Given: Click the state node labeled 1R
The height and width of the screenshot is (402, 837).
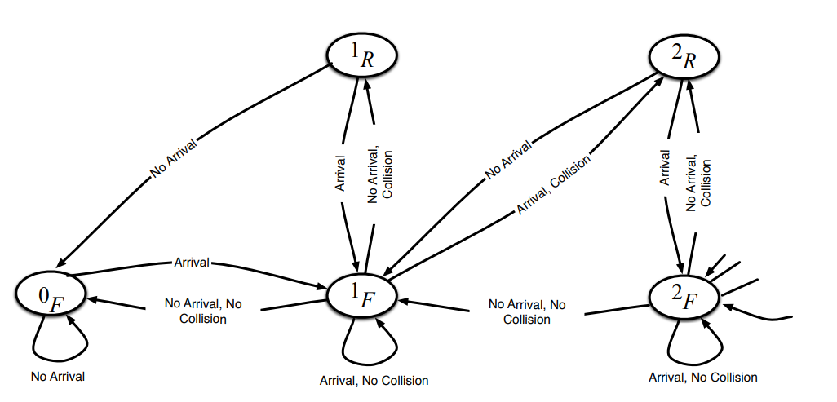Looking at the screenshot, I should pyautogui.click(x=362, y=56).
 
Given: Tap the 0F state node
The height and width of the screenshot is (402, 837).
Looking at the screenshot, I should pyautogui.click(x=51, y=297).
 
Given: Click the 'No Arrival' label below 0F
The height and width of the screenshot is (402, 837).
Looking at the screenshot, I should pyautogui.click(x=58, y=377).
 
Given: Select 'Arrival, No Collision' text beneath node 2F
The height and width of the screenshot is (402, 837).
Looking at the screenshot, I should pyautogui.click(x=702, y=378).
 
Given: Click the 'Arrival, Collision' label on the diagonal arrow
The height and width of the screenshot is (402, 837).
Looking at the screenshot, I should pyautogui.click(x=553, y=187).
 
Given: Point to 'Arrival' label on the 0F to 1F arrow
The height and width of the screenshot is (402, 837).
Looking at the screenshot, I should pyautogui.click(x=193, y=262).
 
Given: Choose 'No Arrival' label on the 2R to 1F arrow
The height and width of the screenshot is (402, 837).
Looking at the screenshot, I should pyautogui.click(x=509, y=160).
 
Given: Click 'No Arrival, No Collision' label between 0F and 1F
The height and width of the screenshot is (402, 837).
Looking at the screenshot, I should pyautogui.click(x=203, y=311).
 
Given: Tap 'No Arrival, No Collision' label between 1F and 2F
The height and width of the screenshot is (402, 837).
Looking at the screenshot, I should pyautogui.click(x=527, y=311).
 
